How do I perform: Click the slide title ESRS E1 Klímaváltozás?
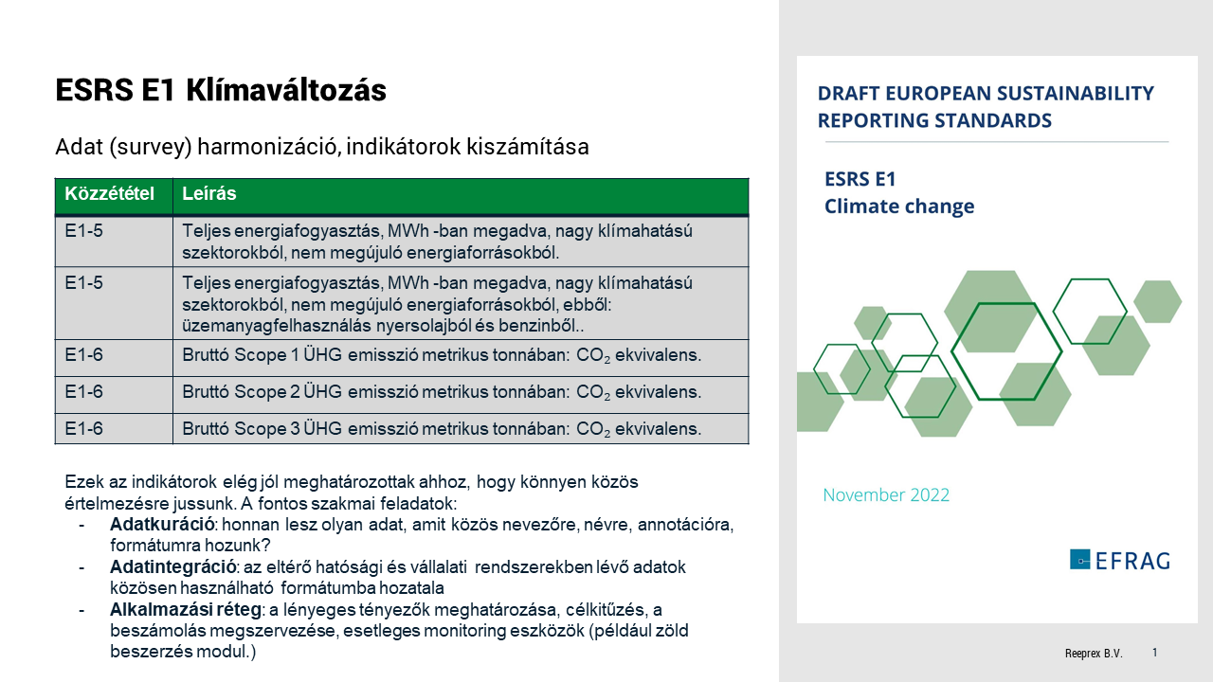221,90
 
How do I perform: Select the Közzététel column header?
109,194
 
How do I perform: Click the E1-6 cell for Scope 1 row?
84,355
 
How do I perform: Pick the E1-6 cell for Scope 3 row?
84,429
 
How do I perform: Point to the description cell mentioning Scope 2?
441,392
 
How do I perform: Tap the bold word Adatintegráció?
172,566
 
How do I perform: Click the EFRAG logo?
1119,560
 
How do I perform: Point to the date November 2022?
886,495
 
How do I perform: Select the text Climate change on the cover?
898,206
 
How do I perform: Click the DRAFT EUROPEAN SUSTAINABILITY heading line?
986,94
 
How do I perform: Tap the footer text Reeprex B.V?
1094,654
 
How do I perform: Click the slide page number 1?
1154,653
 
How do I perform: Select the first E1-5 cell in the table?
84,230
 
